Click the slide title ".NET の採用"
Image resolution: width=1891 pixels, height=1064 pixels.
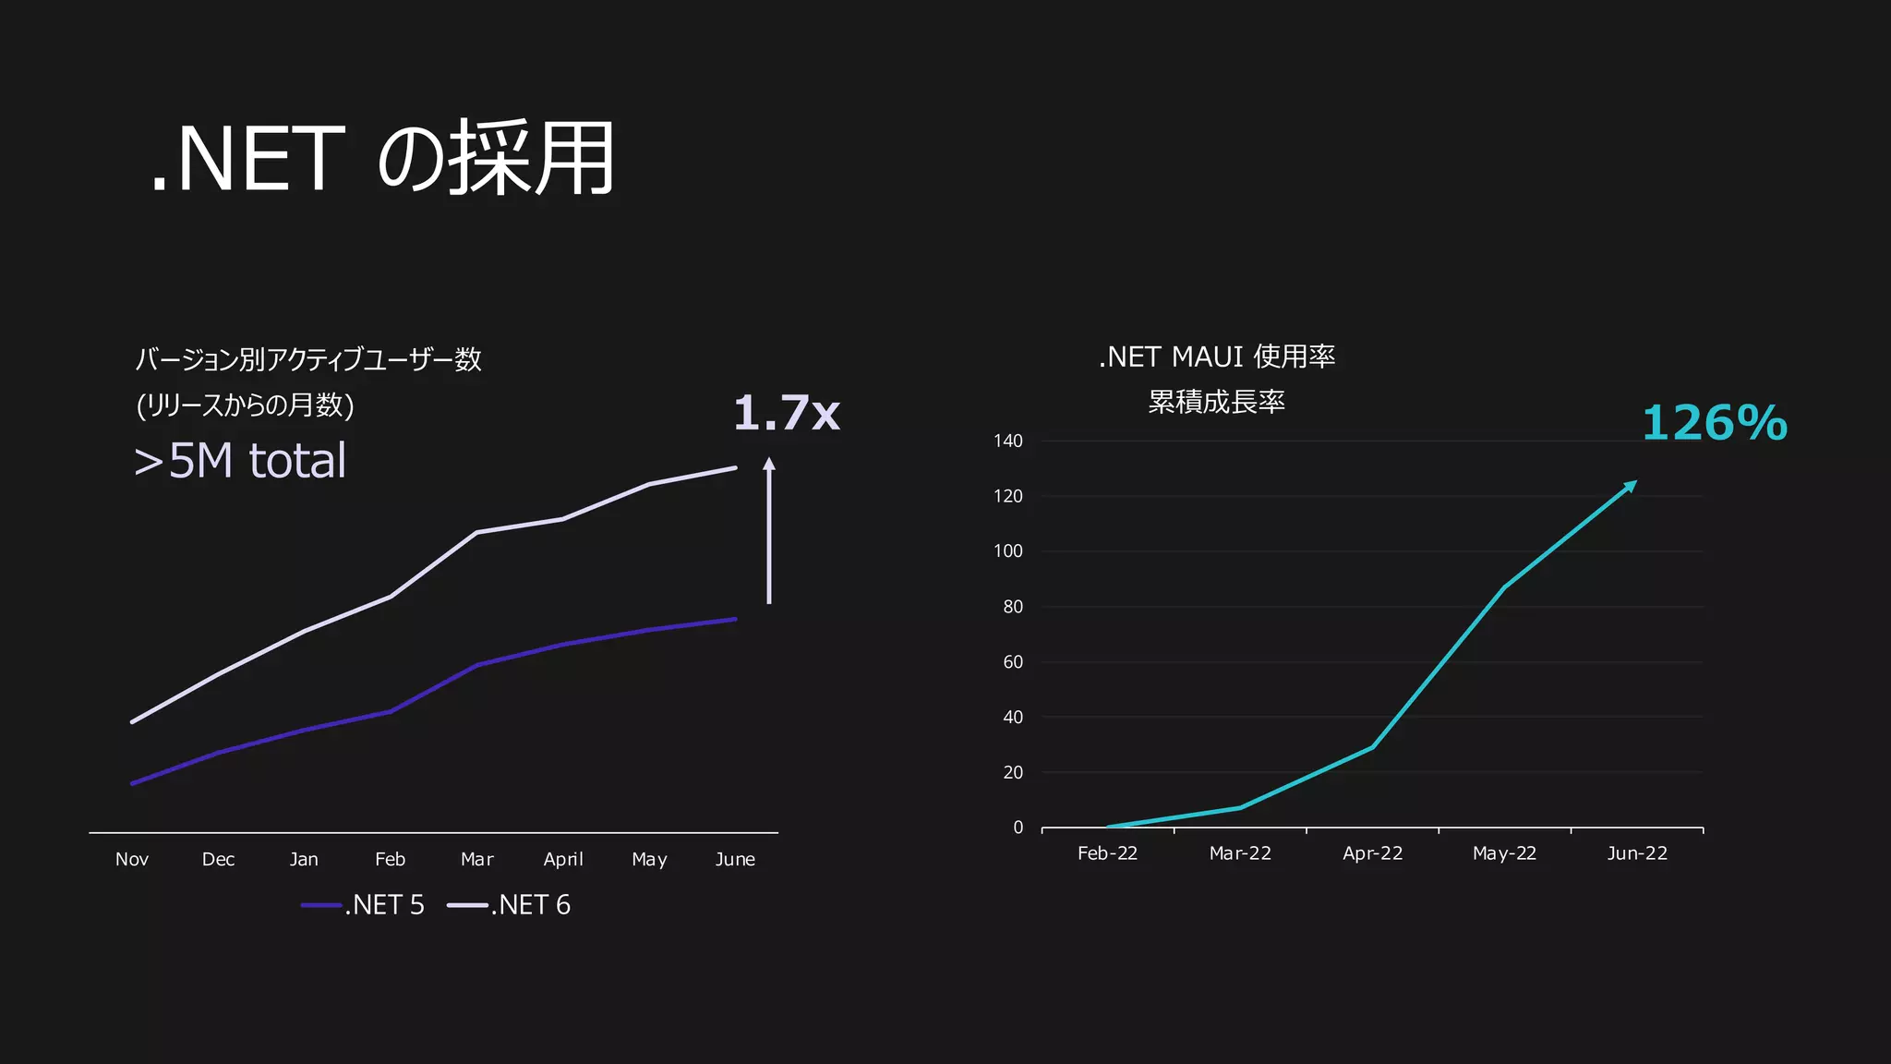(x=382, y=159)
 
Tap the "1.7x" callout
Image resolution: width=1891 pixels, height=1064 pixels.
(x=786, y=413)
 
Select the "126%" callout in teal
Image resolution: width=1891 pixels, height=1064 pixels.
(x=1714, y=424)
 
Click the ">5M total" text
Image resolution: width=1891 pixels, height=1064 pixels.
(x=240, y=461)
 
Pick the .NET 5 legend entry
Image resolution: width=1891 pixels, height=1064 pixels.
(x=363, y=905)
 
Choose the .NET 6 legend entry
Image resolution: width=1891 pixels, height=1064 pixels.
(x=509, y=905)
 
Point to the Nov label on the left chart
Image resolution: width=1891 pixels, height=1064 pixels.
(x=132, y=860)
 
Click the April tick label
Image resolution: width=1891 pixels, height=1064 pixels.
(x=563, y=860)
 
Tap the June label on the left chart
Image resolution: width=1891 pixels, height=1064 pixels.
(x=735, y=860)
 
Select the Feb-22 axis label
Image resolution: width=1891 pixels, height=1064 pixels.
(x=1107, y=853)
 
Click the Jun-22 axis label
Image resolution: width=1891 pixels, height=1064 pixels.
(x=1637, y=853)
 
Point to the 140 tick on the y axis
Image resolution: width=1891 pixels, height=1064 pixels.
(x=1008, y=441)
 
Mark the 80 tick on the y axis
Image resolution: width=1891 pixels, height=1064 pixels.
(x=1013, y=607)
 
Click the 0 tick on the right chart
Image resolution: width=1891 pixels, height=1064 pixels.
(x=1018, y=828)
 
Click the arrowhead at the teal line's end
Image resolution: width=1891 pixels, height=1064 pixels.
(x=1631, y=486)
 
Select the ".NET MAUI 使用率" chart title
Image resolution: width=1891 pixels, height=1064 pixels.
(x=1217, y=357)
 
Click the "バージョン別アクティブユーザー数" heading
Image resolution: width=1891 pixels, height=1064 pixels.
(x=308, y=359)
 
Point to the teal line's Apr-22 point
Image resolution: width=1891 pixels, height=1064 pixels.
(x=1372, y=746)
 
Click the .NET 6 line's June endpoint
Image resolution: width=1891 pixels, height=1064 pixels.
(x=735, y=468)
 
